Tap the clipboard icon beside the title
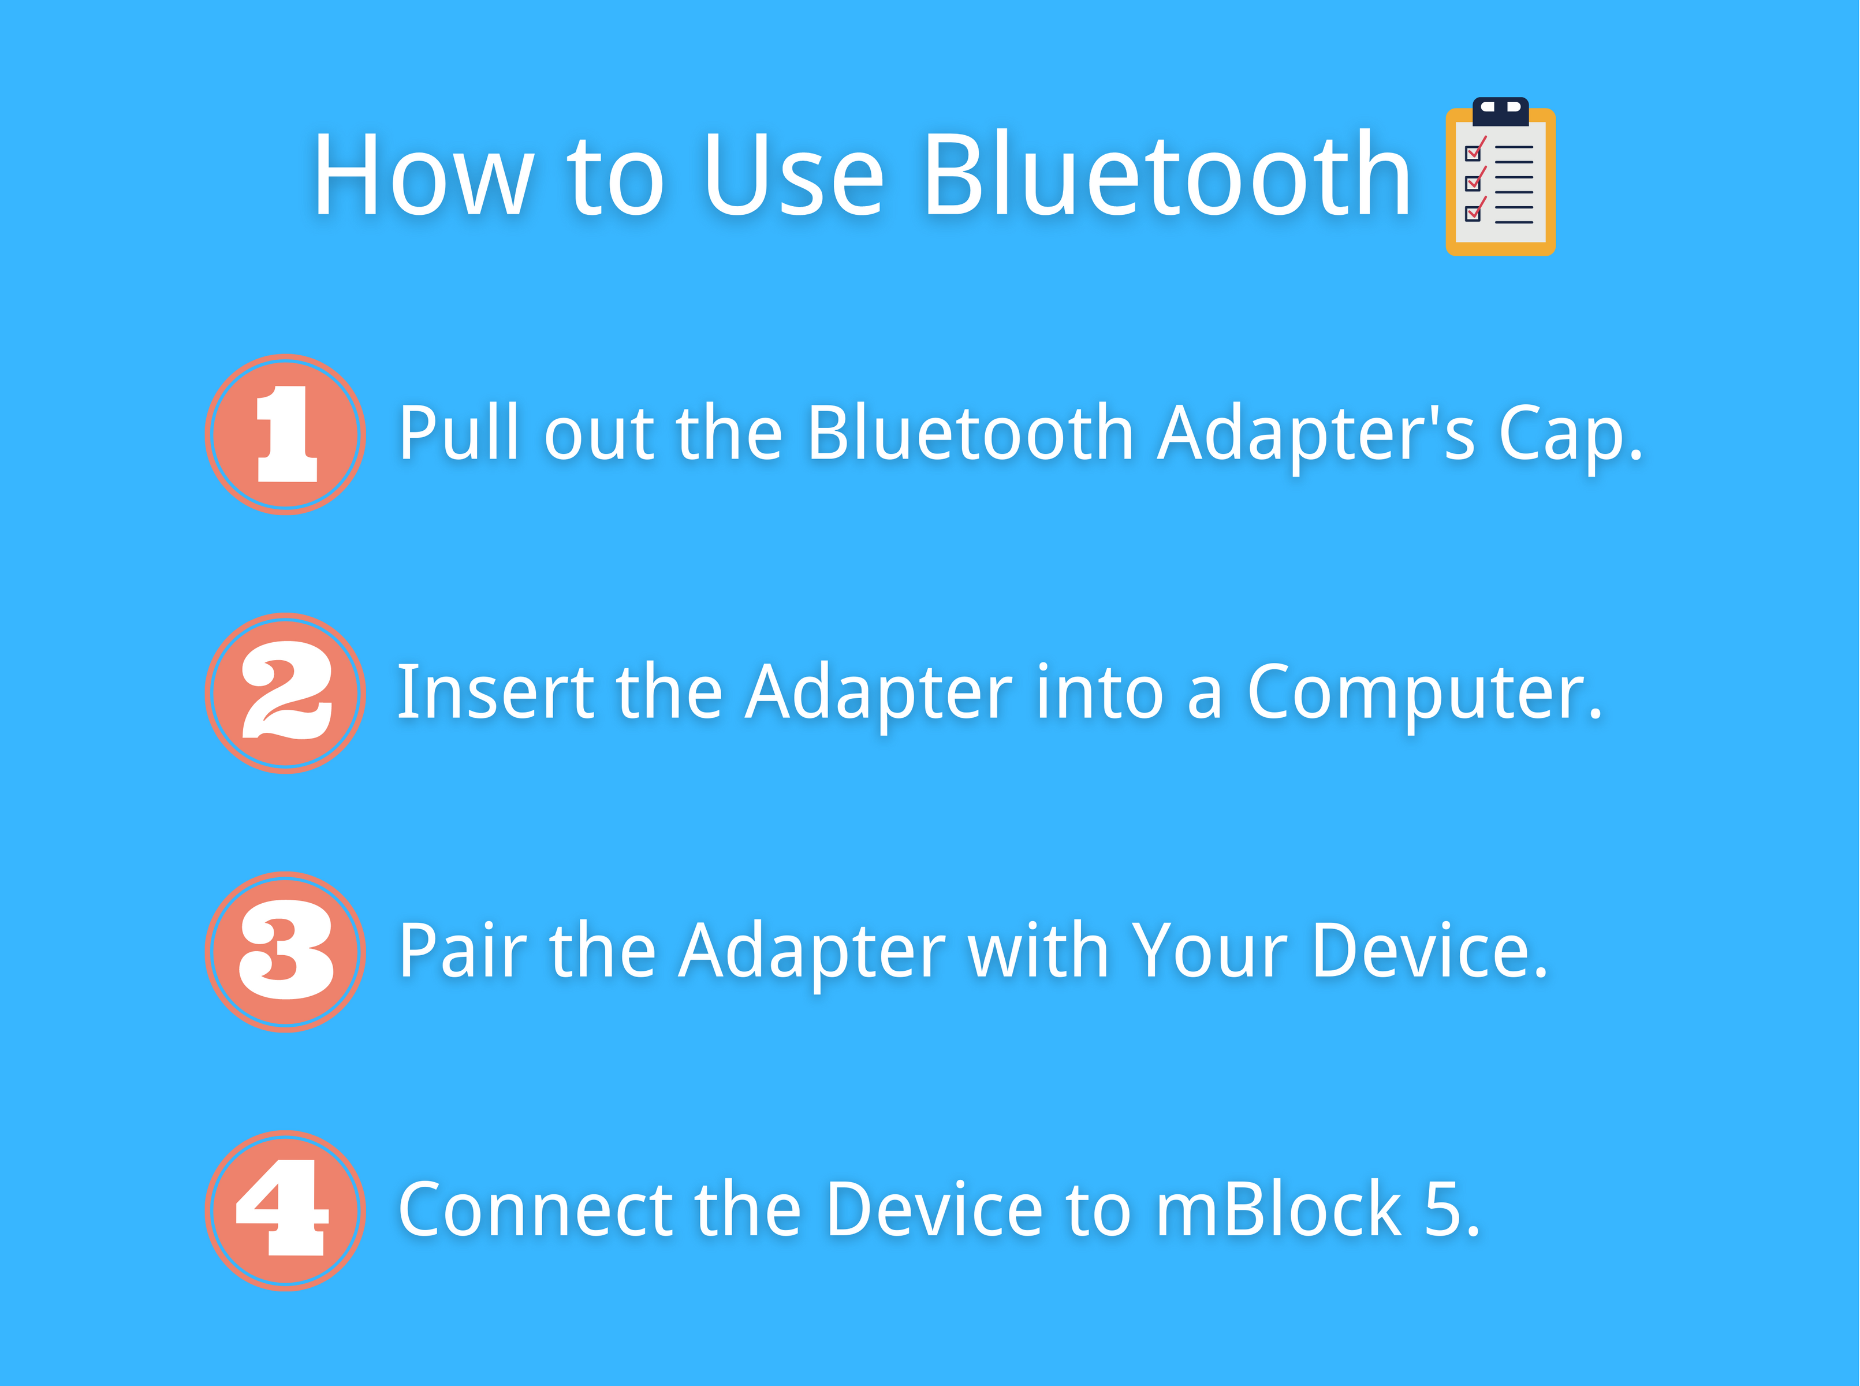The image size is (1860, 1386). click(x=1500, y=176)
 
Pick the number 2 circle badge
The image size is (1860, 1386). click(x=285, y=693)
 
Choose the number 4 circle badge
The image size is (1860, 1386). click(x=285, y=1210)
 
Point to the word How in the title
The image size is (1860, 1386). click(x=424, y=176)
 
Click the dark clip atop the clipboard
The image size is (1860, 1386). click(x=1500, y=111)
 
